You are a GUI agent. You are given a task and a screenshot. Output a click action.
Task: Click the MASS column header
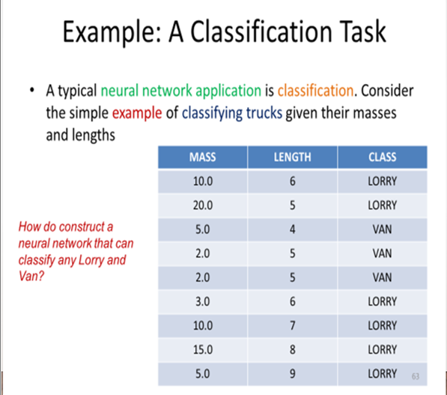[x=201, y=157]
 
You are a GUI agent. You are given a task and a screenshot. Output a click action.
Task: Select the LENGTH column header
[x=292, y=157]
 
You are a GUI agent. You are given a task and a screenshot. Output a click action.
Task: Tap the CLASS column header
[x=383, y=157]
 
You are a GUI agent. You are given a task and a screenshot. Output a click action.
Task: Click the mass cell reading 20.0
[x=201, y=205]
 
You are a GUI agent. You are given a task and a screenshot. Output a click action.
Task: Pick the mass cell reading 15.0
[x=201, y=349]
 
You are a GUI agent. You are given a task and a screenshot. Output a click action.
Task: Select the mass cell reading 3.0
[x=201, y=301]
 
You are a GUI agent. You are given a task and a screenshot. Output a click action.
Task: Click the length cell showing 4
[x=292, y=229]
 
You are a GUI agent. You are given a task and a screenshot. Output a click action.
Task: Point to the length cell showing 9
[x=292, y=373]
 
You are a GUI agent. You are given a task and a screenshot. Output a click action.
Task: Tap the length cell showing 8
[x=292, y=349]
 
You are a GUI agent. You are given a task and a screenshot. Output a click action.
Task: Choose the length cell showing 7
[x=292, y=325]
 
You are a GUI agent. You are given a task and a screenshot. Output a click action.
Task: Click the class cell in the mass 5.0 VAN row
[x=383, y=229]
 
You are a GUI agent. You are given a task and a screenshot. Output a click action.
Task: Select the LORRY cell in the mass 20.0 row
[x=383, y=205]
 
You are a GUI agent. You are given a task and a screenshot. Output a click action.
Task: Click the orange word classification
[x=315, y=91]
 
